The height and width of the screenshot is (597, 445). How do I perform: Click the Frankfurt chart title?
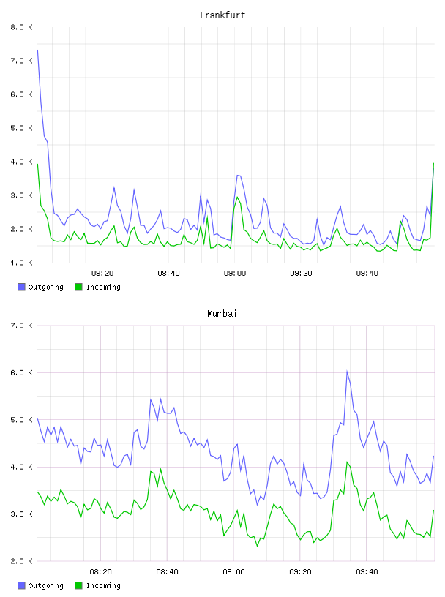222,15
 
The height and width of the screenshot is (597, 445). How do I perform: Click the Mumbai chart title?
222,314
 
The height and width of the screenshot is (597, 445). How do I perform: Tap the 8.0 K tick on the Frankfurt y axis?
21,27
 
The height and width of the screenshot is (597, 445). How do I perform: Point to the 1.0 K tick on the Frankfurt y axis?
21,263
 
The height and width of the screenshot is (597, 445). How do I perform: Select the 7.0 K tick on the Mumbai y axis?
21,326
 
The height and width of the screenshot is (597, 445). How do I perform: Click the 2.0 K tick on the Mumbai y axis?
21,561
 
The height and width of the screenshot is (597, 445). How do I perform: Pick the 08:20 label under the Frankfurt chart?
102,273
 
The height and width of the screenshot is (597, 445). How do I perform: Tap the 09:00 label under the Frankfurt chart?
235,273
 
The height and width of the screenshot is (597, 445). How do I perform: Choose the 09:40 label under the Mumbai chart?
367,571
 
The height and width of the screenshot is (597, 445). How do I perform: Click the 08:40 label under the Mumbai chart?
168,571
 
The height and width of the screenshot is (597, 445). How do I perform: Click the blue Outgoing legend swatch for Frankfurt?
21,287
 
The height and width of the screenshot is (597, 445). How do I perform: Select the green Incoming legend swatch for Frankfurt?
78,287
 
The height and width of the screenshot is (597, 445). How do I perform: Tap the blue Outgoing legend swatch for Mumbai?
21,585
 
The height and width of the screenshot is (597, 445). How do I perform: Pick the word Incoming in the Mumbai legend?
103,585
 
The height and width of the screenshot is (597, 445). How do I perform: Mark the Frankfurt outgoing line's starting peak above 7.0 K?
38,50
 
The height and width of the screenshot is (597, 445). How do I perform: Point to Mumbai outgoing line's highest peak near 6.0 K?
347,371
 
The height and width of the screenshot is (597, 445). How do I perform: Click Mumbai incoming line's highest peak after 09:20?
347,462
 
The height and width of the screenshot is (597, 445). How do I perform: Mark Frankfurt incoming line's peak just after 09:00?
237,197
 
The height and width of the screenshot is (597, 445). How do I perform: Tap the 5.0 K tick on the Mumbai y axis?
21,419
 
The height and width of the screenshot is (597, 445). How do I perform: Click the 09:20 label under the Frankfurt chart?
301,273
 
